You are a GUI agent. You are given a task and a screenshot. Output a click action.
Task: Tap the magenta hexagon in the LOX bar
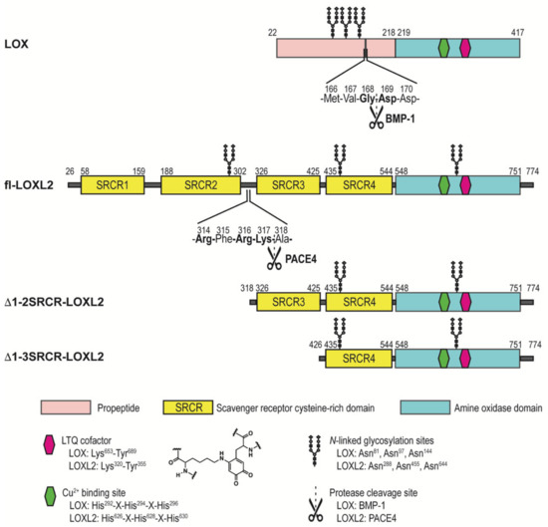pos(466,47)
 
